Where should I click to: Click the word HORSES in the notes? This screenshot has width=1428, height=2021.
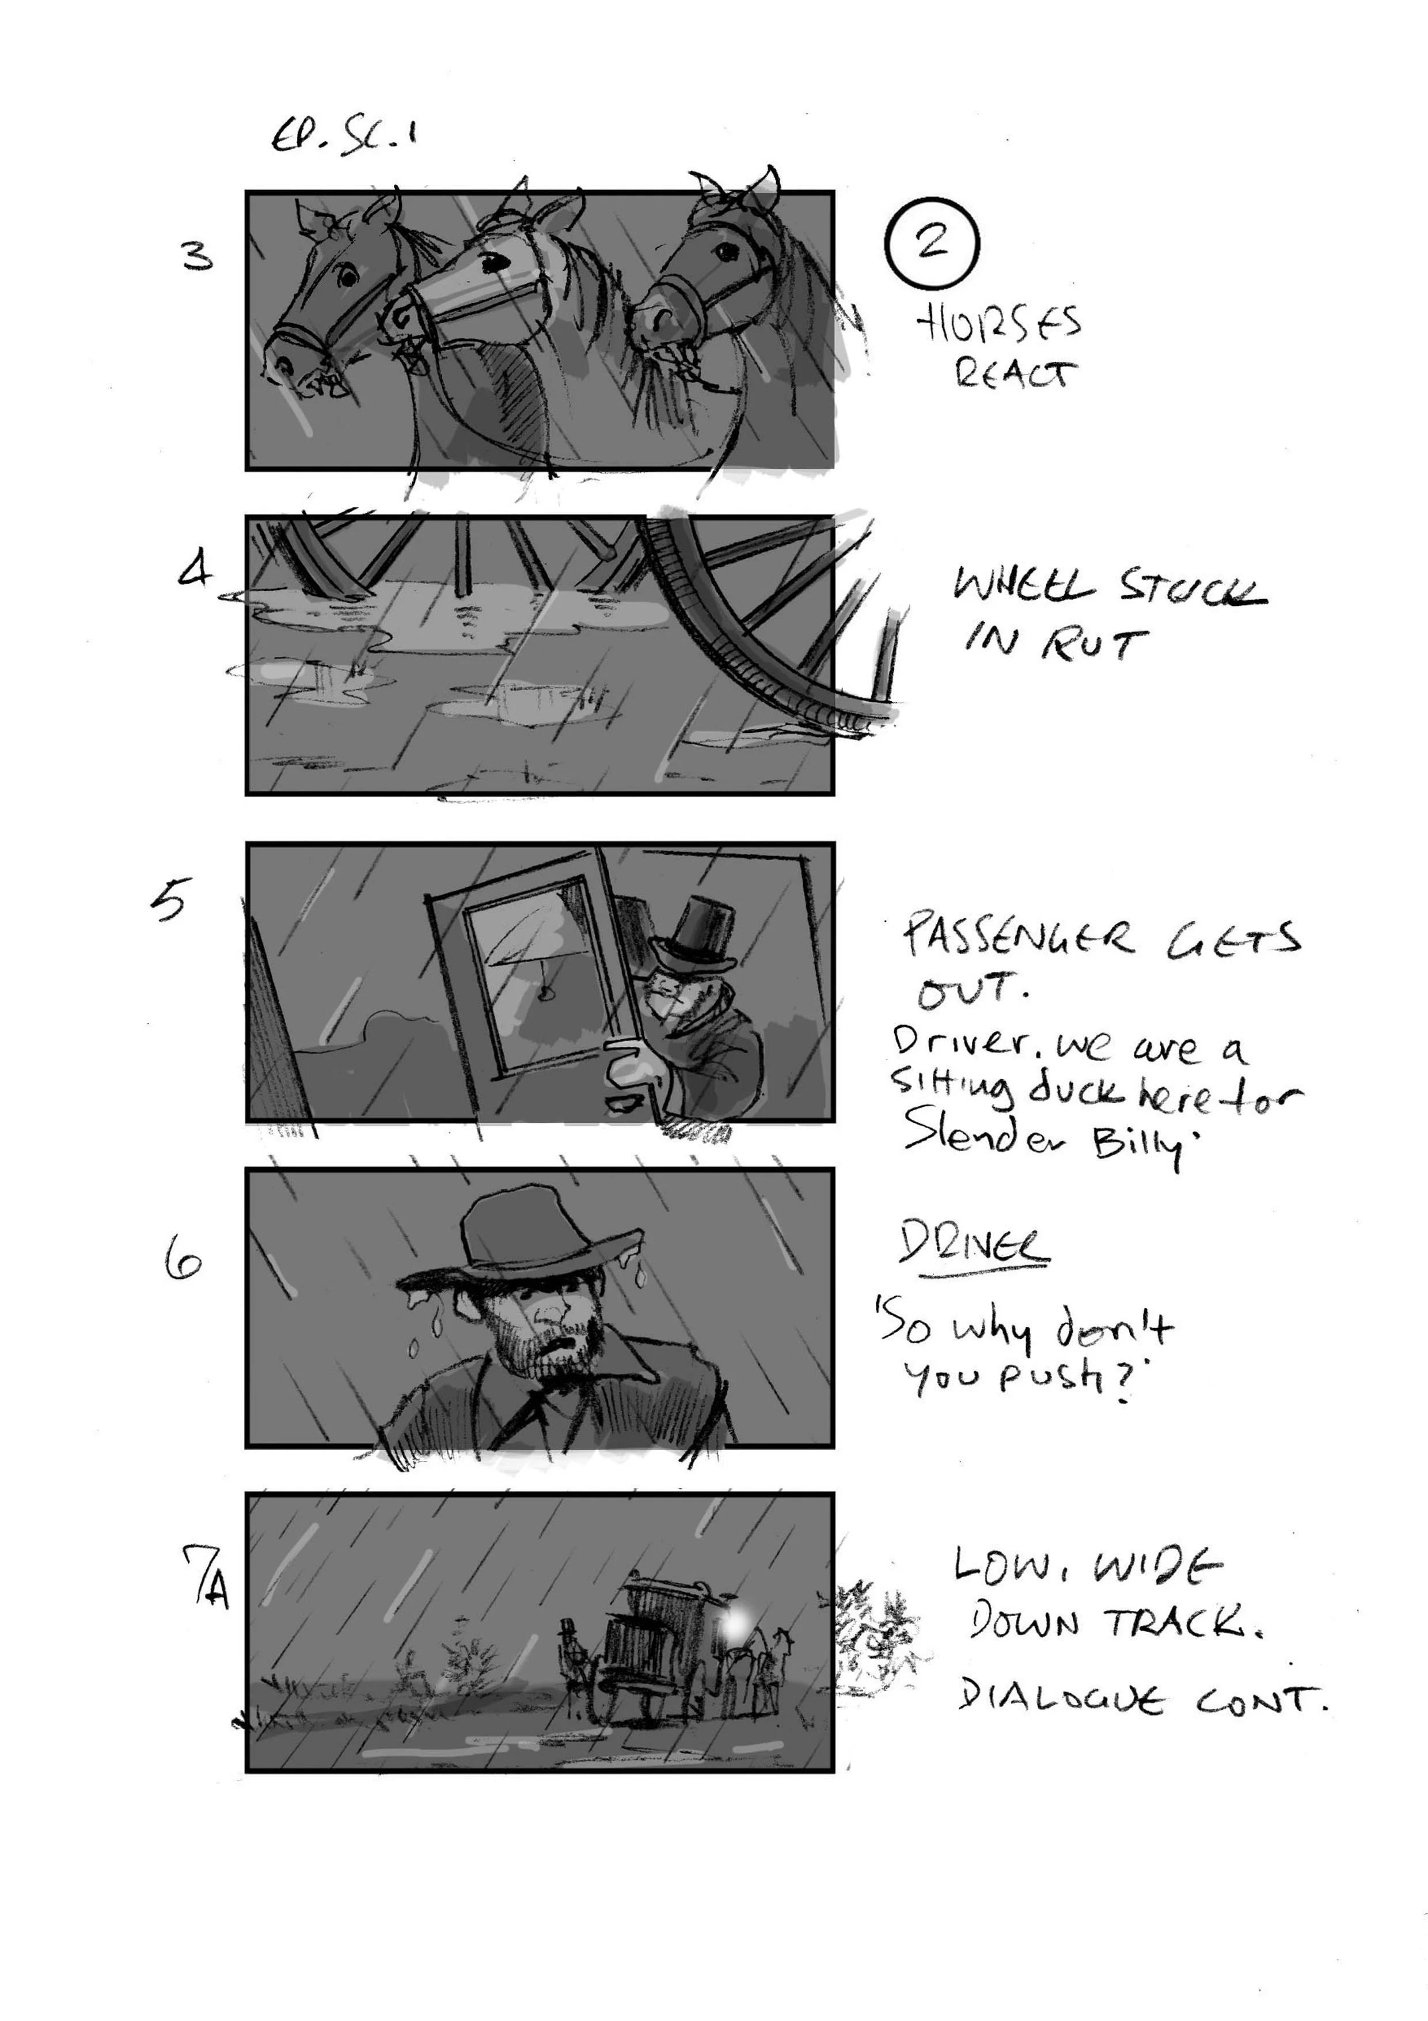click(998, 326)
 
